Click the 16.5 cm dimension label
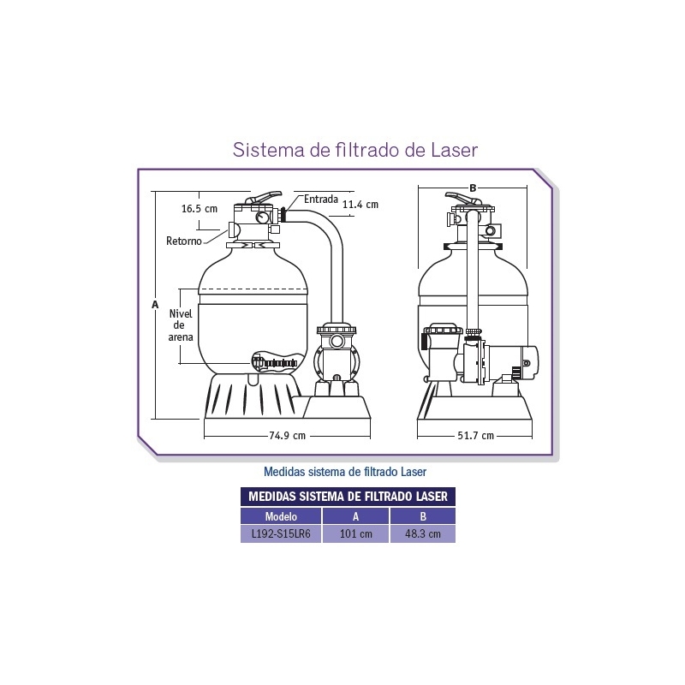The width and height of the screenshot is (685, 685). tap(200, 208)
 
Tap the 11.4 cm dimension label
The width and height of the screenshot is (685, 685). tap(360, 205)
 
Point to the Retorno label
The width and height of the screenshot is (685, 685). tap(184, 241)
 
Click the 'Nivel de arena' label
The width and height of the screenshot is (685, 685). tap(181, 325)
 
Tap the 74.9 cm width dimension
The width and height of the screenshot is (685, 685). tap(287, 435)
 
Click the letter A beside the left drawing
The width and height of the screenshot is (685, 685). tap(154, 304)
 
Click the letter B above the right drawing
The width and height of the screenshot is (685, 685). tap(473, 188)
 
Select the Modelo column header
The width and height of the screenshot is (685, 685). tap(281, 516)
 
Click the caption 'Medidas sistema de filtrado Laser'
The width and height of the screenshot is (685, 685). tap(345, 471)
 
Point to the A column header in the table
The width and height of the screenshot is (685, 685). tap(355, 516)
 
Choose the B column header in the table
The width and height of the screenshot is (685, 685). tap(423, 516)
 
